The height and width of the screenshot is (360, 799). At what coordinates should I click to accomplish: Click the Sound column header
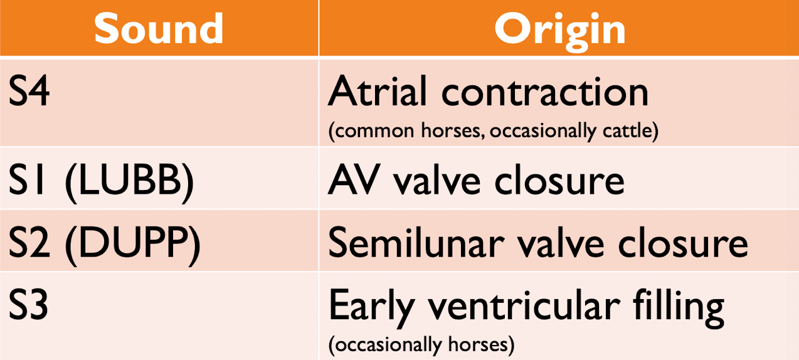tap(159, 28)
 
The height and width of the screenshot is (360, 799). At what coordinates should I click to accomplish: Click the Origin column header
tap(559, 28)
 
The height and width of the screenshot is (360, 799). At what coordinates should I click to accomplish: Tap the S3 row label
tap(29, 307)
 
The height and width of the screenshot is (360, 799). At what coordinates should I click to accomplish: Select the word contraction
tap(545, 92)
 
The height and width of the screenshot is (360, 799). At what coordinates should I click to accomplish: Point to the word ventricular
tap(522, 307)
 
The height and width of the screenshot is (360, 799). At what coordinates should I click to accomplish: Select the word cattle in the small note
tap(629, 132)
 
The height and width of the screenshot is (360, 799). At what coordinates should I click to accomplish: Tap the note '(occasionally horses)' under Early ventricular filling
tap(421, 344)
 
